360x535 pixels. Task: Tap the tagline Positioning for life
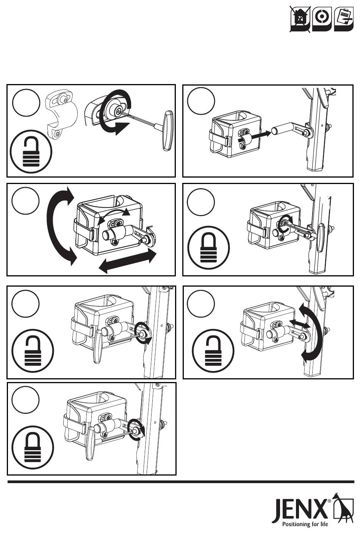[305, 524]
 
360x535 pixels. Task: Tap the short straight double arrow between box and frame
[300, 323]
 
